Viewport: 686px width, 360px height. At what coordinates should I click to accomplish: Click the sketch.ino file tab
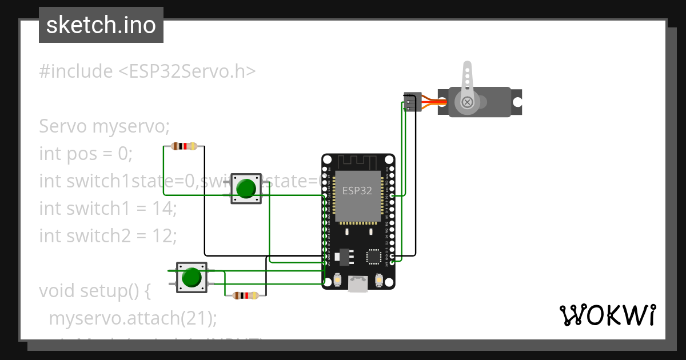(x=101, y=25)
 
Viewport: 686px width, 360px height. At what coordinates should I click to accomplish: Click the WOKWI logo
(x=607, y=315)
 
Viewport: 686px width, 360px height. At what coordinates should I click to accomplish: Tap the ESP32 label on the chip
(x=357, y=191)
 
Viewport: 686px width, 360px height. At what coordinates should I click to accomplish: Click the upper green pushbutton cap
(x=246, y=189)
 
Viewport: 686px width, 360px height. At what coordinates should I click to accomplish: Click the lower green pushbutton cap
(x=192, y=278)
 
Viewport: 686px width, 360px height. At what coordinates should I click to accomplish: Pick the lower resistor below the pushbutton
(x=245, y=295)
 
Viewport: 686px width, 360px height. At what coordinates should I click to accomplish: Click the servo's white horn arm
(x=468, y=80)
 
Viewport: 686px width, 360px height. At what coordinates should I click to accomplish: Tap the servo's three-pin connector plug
(x=412, y=102)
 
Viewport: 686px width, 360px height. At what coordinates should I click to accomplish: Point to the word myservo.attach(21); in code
(x=133, y=318)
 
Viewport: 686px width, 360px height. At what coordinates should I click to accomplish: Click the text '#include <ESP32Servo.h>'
(x=147, y=71)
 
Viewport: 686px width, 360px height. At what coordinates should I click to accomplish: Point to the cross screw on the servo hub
(x=468, y=102)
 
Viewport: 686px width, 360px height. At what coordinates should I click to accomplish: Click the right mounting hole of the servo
(x=517, y=102)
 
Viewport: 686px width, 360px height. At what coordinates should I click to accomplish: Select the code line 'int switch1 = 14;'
(x=107, y=209)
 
